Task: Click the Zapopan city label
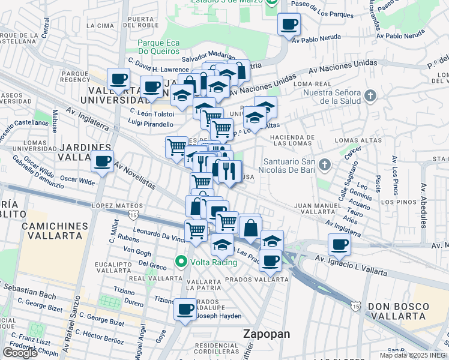266,334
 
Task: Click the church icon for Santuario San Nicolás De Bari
325,164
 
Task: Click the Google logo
20,353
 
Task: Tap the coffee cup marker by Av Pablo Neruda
289,24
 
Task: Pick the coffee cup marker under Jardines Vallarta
102,161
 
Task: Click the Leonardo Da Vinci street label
159,233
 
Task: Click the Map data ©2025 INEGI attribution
414,355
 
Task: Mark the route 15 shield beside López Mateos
133,214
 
